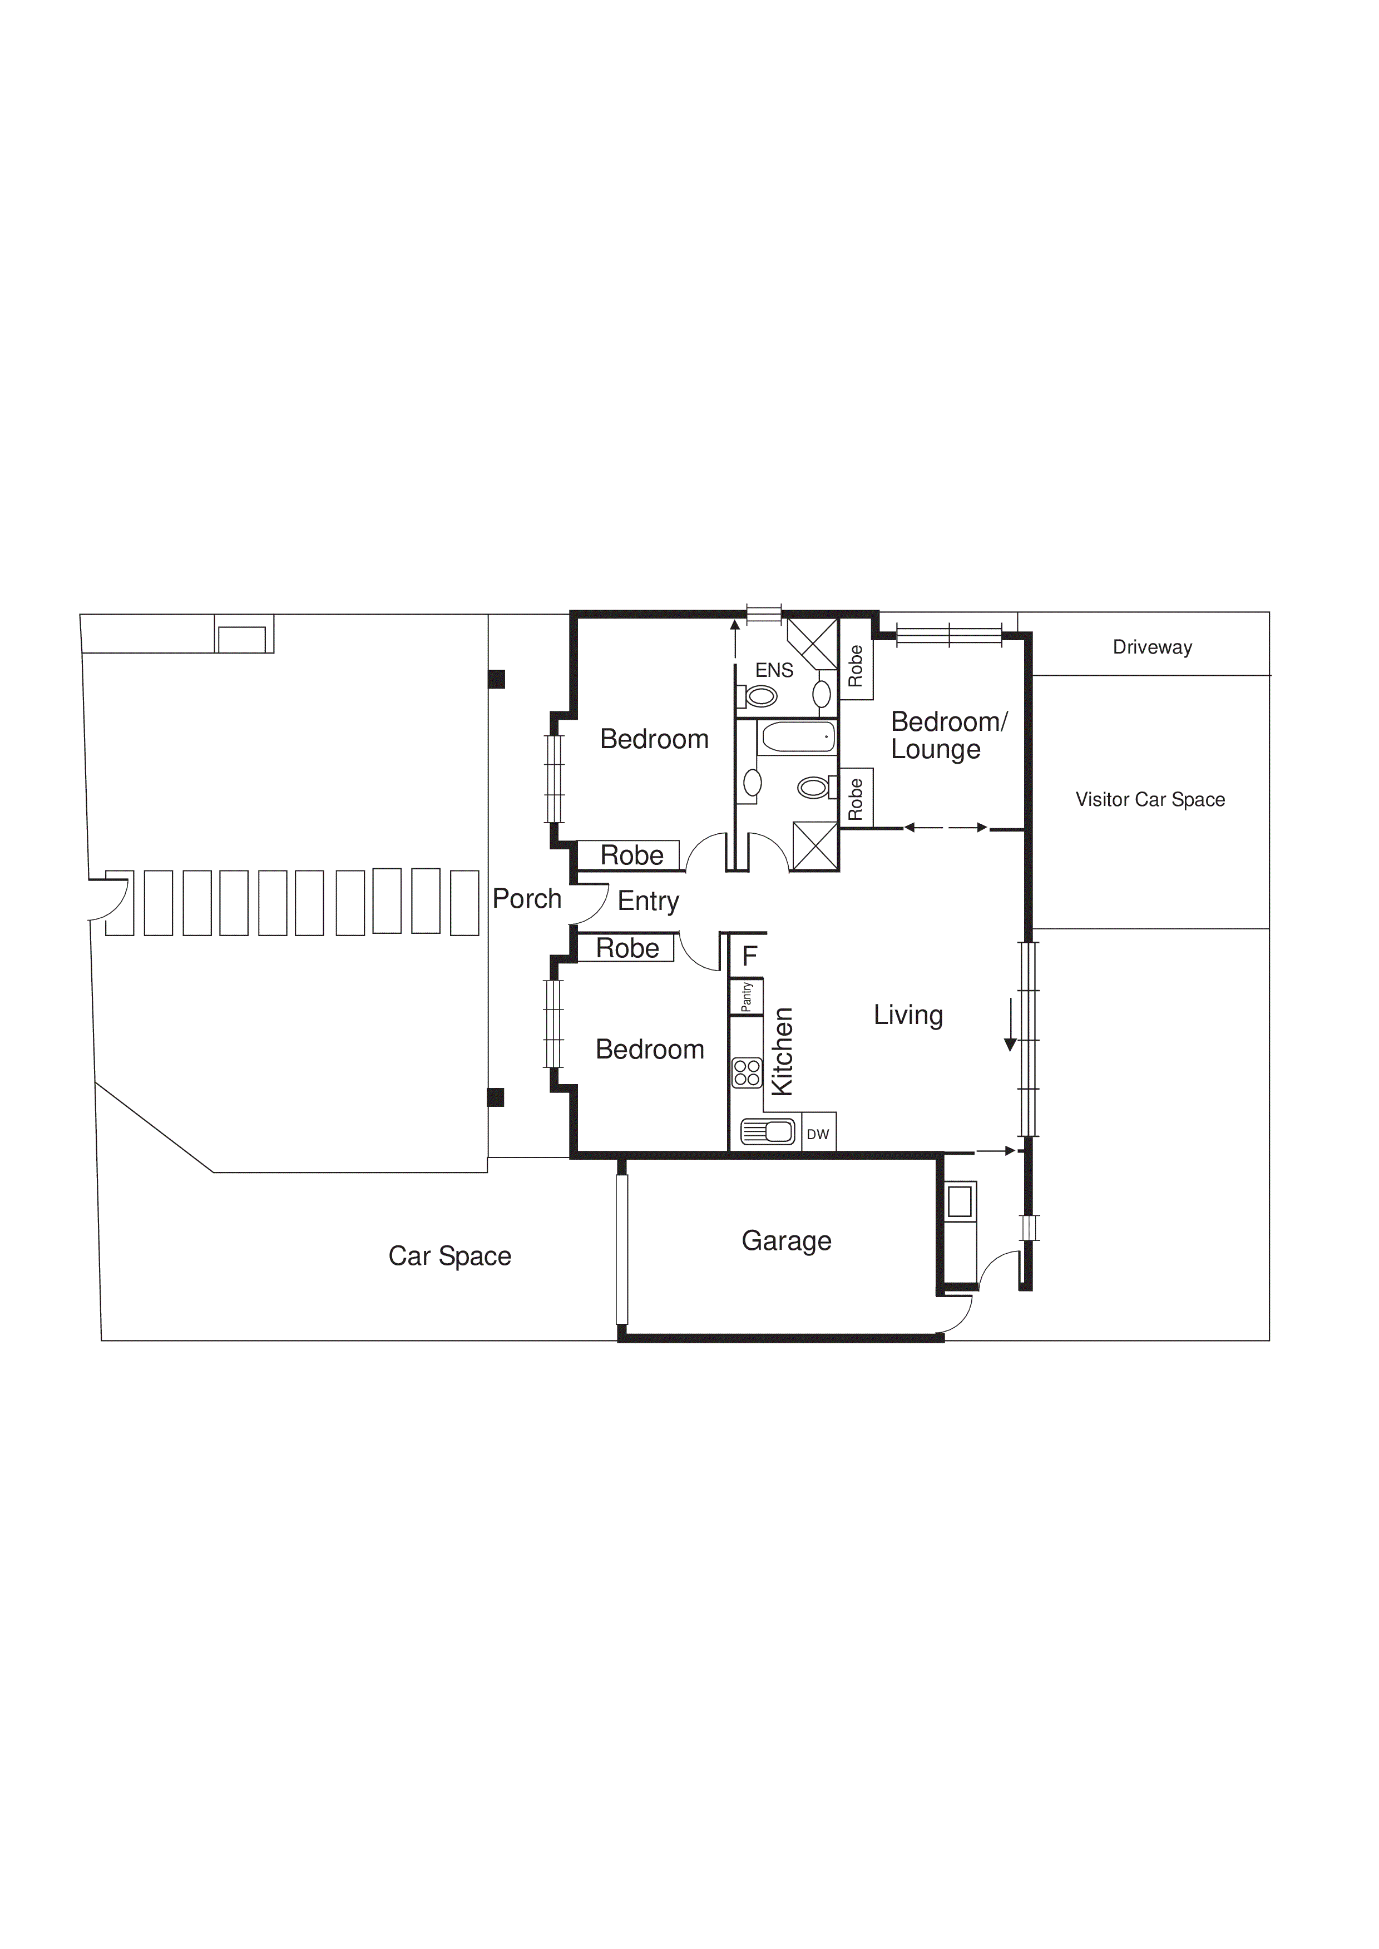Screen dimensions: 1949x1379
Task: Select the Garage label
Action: [787, 1241]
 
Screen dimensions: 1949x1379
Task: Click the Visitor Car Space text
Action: [1150, 800]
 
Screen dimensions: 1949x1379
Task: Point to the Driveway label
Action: [1152, 647]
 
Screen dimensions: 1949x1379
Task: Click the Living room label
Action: [908, 1015]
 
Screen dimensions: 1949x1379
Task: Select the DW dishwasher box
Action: [818, 1134]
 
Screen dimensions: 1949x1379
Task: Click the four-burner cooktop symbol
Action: [747, 1073]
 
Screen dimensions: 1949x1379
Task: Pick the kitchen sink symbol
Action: [768, 1131]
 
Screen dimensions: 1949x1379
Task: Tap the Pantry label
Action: [747, 997]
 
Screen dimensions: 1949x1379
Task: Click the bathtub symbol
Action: [797, 738]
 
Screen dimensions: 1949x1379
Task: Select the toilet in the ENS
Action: [761, 697]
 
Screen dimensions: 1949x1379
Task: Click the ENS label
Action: [774, 671]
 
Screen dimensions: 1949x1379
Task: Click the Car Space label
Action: [449, 1257]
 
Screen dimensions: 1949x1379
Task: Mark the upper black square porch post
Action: [497, 679]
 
